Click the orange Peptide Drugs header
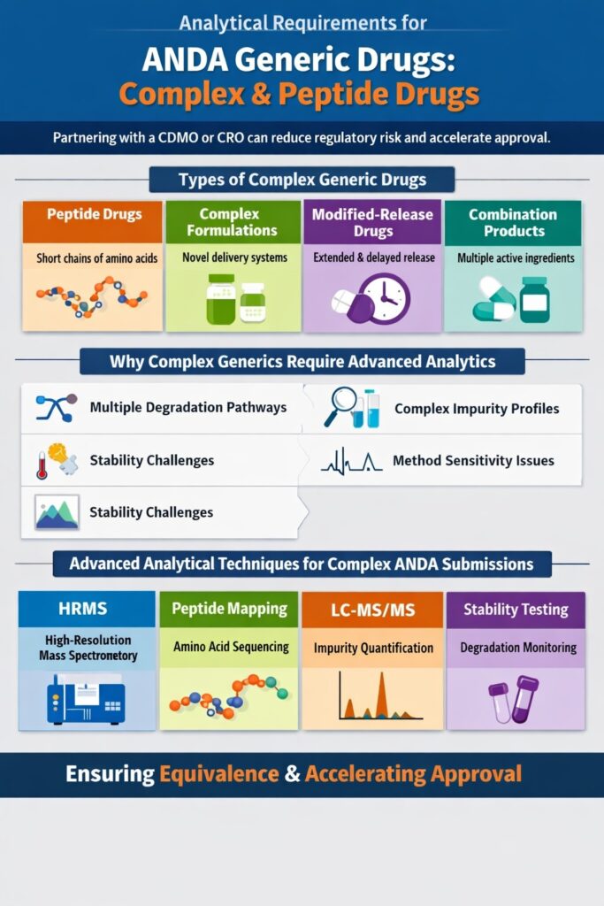[92, 215]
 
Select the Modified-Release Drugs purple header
[371, 222]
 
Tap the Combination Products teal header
[513, 222]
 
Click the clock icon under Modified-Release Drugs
[383, 298]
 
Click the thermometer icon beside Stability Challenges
[42, 465]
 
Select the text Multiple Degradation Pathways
[187, 408]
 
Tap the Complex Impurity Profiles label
[476, 409]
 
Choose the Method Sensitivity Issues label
[473, 460]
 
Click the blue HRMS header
[87, 609]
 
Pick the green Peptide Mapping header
[229, 609]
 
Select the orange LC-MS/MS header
[371, 610]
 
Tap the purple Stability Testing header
[516, 609]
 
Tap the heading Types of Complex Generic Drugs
[302, 180]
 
